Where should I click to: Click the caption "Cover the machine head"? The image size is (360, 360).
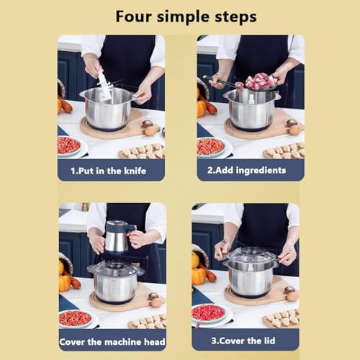[112, 341]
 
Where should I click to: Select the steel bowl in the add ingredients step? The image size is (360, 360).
[252, 112]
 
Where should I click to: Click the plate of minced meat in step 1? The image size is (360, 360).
[68, 145]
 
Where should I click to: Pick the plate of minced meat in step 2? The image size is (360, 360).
[210, 146]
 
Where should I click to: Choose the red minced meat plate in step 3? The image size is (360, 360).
[209, 313]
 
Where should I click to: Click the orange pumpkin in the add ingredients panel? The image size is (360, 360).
[202, 108]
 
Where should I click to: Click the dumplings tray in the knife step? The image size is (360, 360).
[144, 150]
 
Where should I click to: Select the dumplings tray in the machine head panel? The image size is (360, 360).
[148, 321]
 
